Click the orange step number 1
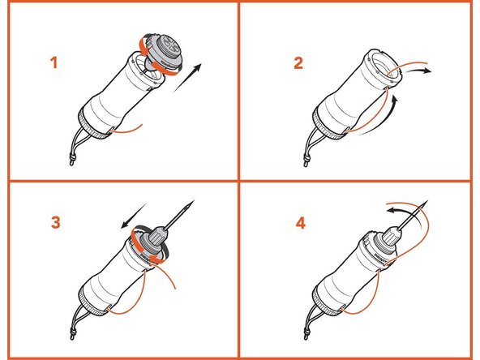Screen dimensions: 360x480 pyautogui.click(x=54, y=62)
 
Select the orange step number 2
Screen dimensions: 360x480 pyautogui.click(x=298, y=62)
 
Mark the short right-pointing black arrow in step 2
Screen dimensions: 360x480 pyautogui.click(x=421, y=72)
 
